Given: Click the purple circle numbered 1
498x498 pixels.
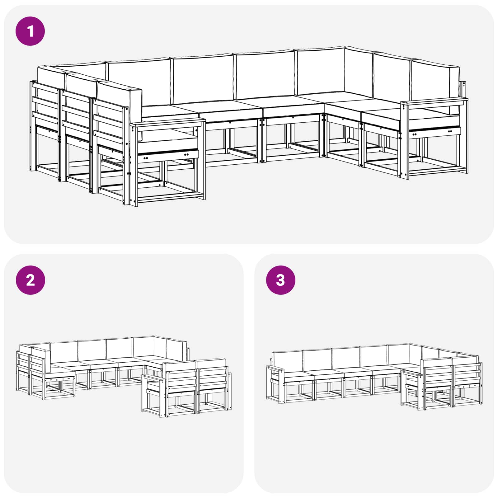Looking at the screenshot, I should pyautogui.click(x=30, y=31).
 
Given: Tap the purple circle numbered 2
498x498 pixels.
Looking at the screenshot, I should pyautogui.click(x=30, y=280).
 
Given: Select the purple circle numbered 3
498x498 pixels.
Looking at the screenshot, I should pyautogui.click(x=280, y=280).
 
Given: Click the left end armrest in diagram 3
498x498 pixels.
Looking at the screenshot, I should pyautogui.click(x=276, y=369).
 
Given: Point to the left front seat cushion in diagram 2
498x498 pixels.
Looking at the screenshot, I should pyautogui.click(x=61, y=369).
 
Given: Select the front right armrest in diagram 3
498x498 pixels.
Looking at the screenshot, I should pyautogui.click(x=411, y=372).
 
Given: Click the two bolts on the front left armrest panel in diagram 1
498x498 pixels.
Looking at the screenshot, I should pyautogui.click(x=186, y=155).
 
